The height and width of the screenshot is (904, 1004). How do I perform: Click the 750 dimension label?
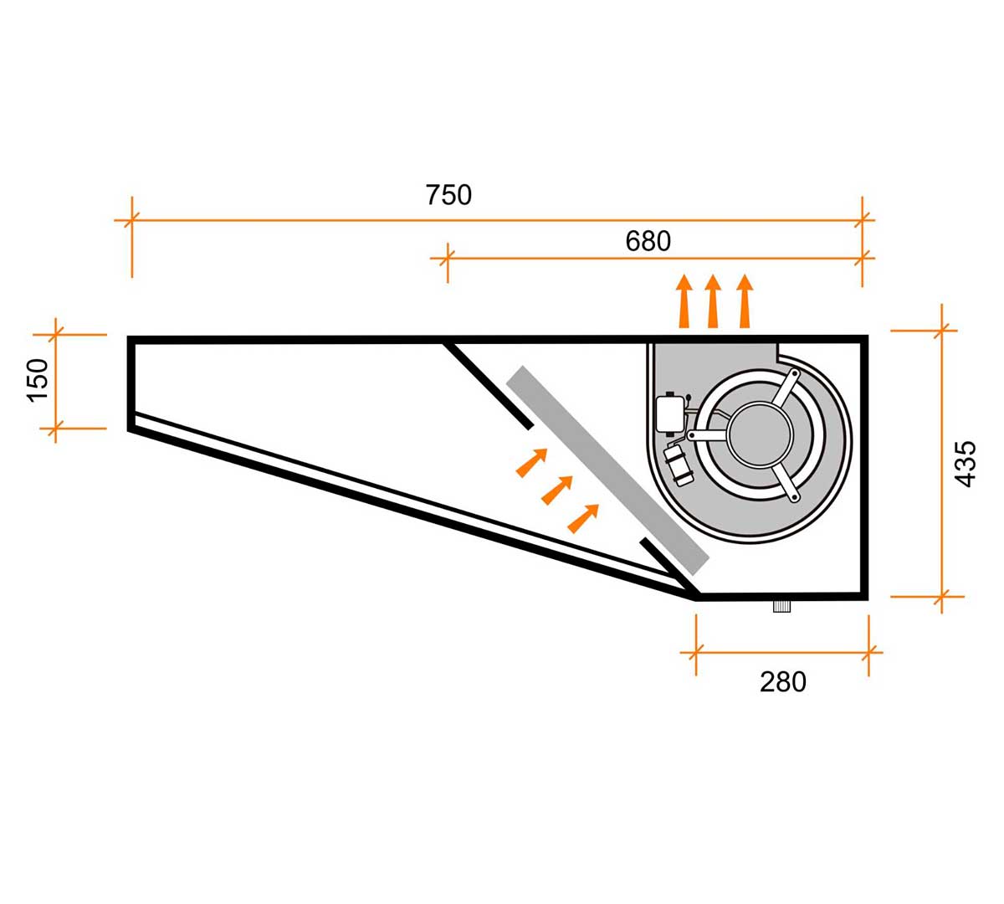(448, 195)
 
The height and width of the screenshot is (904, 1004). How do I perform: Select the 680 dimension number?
(648, 241)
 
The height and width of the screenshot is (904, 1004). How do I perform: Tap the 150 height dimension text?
(38, 380)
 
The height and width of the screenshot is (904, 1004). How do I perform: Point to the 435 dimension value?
(965, 463)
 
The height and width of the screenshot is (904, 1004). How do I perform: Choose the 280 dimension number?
(783, 681)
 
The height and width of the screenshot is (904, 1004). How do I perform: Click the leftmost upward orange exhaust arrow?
(684, 301)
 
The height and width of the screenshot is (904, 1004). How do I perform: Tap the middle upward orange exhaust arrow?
(713, 301)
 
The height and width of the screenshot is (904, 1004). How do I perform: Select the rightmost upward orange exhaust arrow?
(745, 301)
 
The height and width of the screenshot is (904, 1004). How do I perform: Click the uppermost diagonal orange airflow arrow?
(531, 463)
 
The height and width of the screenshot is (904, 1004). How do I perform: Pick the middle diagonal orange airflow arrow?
(557, 491)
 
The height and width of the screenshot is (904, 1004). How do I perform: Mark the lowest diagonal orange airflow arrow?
(583, 518)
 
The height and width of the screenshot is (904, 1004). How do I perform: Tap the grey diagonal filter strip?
(607, 470)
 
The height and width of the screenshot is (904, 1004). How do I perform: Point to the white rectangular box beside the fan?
(669, 413)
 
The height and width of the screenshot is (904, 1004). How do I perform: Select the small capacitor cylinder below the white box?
(679, 465)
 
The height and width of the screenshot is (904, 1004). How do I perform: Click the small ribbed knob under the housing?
(781, 607)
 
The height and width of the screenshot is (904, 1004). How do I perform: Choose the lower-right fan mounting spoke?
(786, 483)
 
